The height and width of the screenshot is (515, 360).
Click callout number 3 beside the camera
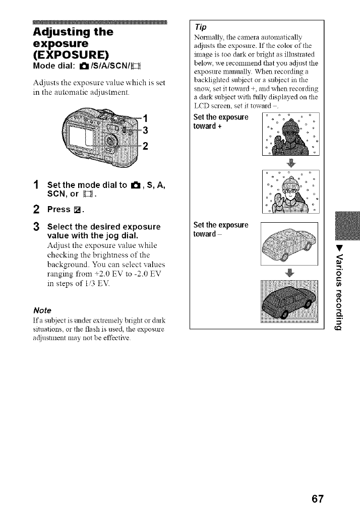tap(144, 132)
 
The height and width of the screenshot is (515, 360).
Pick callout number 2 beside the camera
tap(144, 147)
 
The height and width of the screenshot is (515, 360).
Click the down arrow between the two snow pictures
tap(290, 162)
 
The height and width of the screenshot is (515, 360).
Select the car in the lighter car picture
tap(287, 244)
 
